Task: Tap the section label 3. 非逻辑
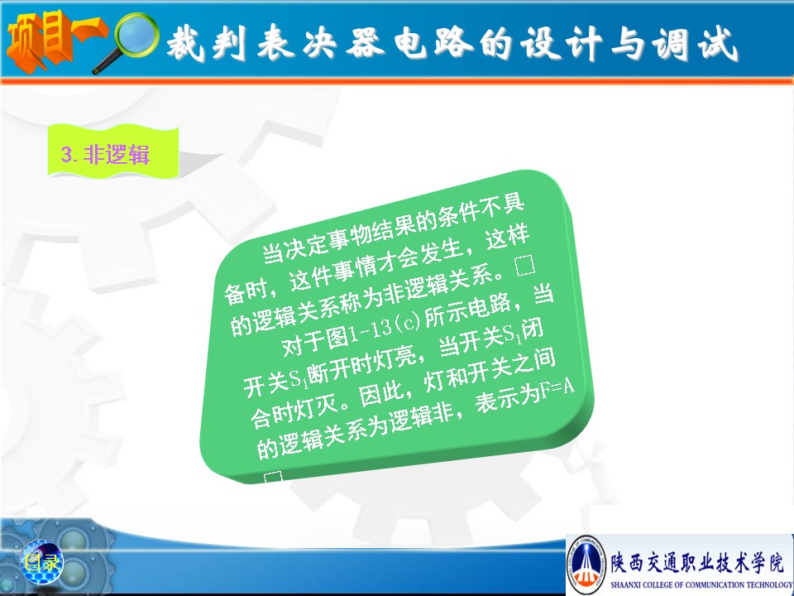pyautogui.click(x=105, y=154)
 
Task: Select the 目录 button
pyautogui.click(x=41, y=562)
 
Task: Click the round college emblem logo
pyautogui.click(x=586, y=564)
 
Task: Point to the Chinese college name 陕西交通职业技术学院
pyautogui.click(x=696, y=561)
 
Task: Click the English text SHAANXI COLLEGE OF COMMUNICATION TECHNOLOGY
pyautogui.click(x=701, y=585)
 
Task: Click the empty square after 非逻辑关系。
pyautogui.click(x=524, y=265)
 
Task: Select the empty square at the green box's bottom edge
pyautogui.click(x=273, y=478)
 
